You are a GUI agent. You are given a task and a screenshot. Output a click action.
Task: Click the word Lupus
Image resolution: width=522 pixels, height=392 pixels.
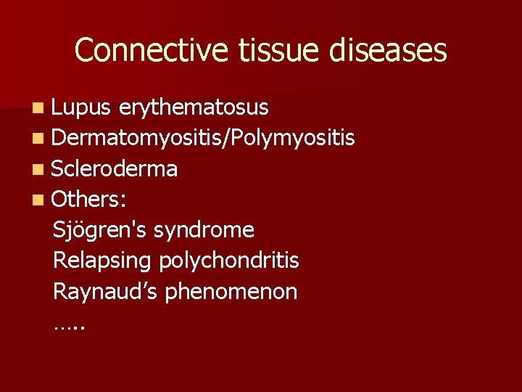pyautogui.click(x=81, y=108)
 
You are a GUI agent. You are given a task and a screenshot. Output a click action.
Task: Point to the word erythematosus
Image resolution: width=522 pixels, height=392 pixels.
pyautogui.click(x=194, y=108)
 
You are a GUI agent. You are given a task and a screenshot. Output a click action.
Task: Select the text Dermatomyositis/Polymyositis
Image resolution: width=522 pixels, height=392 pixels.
pyautogui.click(x=204, y=139)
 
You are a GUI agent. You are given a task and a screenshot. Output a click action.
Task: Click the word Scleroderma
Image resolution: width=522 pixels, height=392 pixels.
pyautogui.click(x=115, y=169)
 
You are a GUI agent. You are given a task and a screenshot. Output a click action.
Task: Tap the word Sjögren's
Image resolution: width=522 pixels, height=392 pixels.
pyautogui.click(x=99, y=231)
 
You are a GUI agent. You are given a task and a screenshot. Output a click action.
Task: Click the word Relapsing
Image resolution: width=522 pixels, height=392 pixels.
pyautogui.click(x=102, y=261)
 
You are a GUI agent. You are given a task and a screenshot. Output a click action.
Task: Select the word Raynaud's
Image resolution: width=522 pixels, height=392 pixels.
pyautogui.click(x=106, y=292)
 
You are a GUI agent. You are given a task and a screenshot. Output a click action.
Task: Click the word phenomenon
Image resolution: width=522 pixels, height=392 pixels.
pyautogui.click(x=231, y=292)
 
